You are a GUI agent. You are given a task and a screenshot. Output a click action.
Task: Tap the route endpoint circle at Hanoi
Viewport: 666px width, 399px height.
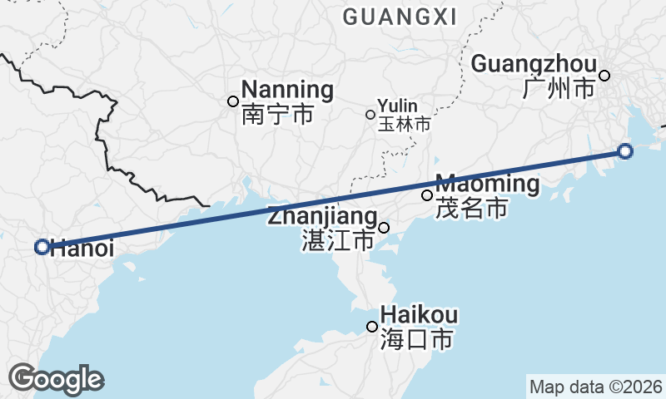[42, 247]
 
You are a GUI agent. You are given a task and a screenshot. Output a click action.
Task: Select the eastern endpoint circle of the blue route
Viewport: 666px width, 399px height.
[625, 150]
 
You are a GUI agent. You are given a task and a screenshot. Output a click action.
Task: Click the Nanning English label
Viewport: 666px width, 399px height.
[287, 90]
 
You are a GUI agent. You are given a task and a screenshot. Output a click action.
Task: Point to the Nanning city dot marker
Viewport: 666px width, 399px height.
[233, 101]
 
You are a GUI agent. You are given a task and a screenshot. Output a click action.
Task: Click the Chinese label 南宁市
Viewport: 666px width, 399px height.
[278, 114]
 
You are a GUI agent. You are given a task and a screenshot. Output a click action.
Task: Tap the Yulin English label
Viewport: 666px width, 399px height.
[397, 106]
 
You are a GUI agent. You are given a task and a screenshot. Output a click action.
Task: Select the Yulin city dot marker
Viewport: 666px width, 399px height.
[370, 115]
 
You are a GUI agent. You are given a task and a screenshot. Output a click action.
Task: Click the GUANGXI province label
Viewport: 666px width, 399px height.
[400, 17]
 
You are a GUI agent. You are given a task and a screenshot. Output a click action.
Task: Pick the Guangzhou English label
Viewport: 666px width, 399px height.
[534, 64]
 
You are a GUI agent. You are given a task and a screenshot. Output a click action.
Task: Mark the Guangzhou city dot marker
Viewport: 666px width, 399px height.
[604, 76]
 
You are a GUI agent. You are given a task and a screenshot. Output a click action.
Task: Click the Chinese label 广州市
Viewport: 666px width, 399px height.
[559, 88]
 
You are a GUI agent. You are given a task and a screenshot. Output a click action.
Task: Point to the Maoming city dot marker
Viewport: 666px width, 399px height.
[427, 195]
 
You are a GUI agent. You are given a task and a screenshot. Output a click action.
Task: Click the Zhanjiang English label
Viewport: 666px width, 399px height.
[322, 217]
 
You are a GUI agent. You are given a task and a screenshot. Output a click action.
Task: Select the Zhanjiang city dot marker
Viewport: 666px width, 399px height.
[384, 228]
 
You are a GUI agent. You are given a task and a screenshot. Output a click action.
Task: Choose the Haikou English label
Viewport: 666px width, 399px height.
[419, 315]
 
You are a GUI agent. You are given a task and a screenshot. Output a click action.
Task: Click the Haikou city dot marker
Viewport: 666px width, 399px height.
[372, 327]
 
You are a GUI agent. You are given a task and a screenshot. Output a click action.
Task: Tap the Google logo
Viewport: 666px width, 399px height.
[56, 379]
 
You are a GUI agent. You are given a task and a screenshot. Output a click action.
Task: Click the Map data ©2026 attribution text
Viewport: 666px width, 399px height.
[596, 387]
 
